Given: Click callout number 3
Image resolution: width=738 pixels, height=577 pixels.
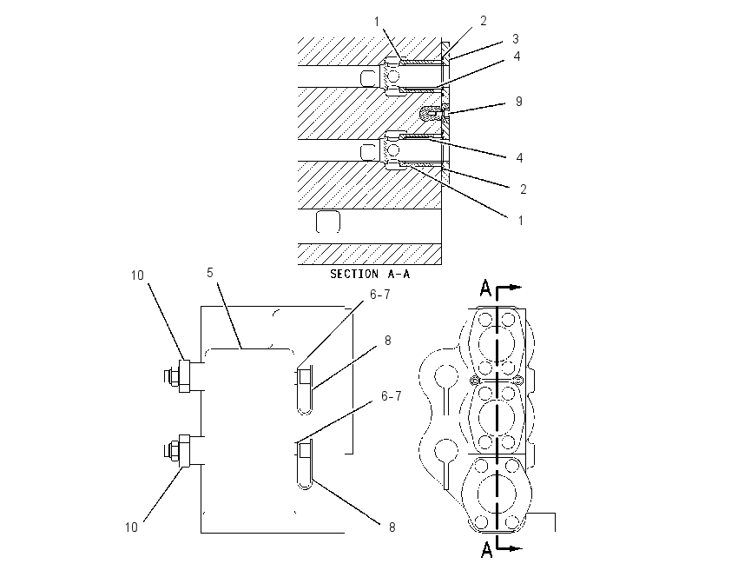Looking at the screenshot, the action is [x=516, y=38].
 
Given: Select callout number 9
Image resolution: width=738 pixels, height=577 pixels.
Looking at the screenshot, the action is [x=518, y=102].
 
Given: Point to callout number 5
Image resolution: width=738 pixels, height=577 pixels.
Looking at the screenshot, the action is [x=210, y=273].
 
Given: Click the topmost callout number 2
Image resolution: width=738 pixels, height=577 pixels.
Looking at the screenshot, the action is [x=484, y=21].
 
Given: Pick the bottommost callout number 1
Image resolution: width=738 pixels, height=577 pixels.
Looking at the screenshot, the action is [x=521, y=221].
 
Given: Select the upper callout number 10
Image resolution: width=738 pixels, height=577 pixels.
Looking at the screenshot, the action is [x=137, y=275].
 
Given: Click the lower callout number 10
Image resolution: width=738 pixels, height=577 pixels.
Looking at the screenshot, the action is [x=131, y=527].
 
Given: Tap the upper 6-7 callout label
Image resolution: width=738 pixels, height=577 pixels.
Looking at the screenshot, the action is [x=379, y=295].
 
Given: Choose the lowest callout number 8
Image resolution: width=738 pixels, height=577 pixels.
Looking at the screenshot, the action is [x=392, y=527].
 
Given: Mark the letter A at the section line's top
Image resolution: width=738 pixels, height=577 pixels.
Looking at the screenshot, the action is [x=485, y=288].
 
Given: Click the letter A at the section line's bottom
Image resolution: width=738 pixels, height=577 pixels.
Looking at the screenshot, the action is [x=487, y=549].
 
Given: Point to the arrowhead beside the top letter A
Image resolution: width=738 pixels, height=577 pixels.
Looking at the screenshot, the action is [x=517, y=287].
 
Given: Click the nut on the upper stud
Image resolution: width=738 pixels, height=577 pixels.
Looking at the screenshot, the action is [x=172, y=376].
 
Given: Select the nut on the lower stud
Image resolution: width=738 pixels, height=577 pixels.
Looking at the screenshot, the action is [x=172, y=451].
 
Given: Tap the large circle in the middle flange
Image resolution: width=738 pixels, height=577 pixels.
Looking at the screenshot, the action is [x=497, y=417].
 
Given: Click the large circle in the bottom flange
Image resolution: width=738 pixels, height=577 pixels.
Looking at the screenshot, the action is [x=497, y=494].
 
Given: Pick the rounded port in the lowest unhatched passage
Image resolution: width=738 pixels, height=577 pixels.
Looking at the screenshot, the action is [x=327, y=222].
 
